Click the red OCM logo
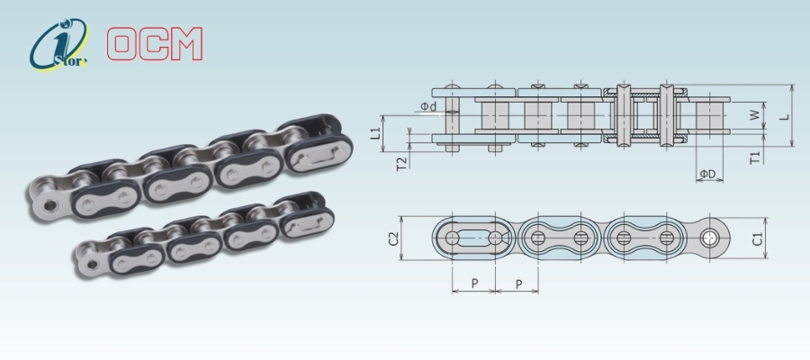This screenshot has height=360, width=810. tap(155, 44)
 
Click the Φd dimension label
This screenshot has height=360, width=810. tap(428, 106)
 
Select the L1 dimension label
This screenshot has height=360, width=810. tap(375, 134)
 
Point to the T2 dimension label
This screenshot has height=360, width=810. tap(401, 164)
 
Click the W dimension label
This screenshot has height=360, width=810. tap(755, 115)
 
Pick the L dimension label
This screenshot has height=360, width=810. tap(784, 116)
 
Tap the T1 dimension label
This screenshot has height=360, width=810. tap(755, 157)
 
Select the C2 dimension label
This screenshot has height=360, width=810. tap(393, 238)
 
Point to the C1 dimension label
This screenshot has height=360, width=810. tap(757, 239)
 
